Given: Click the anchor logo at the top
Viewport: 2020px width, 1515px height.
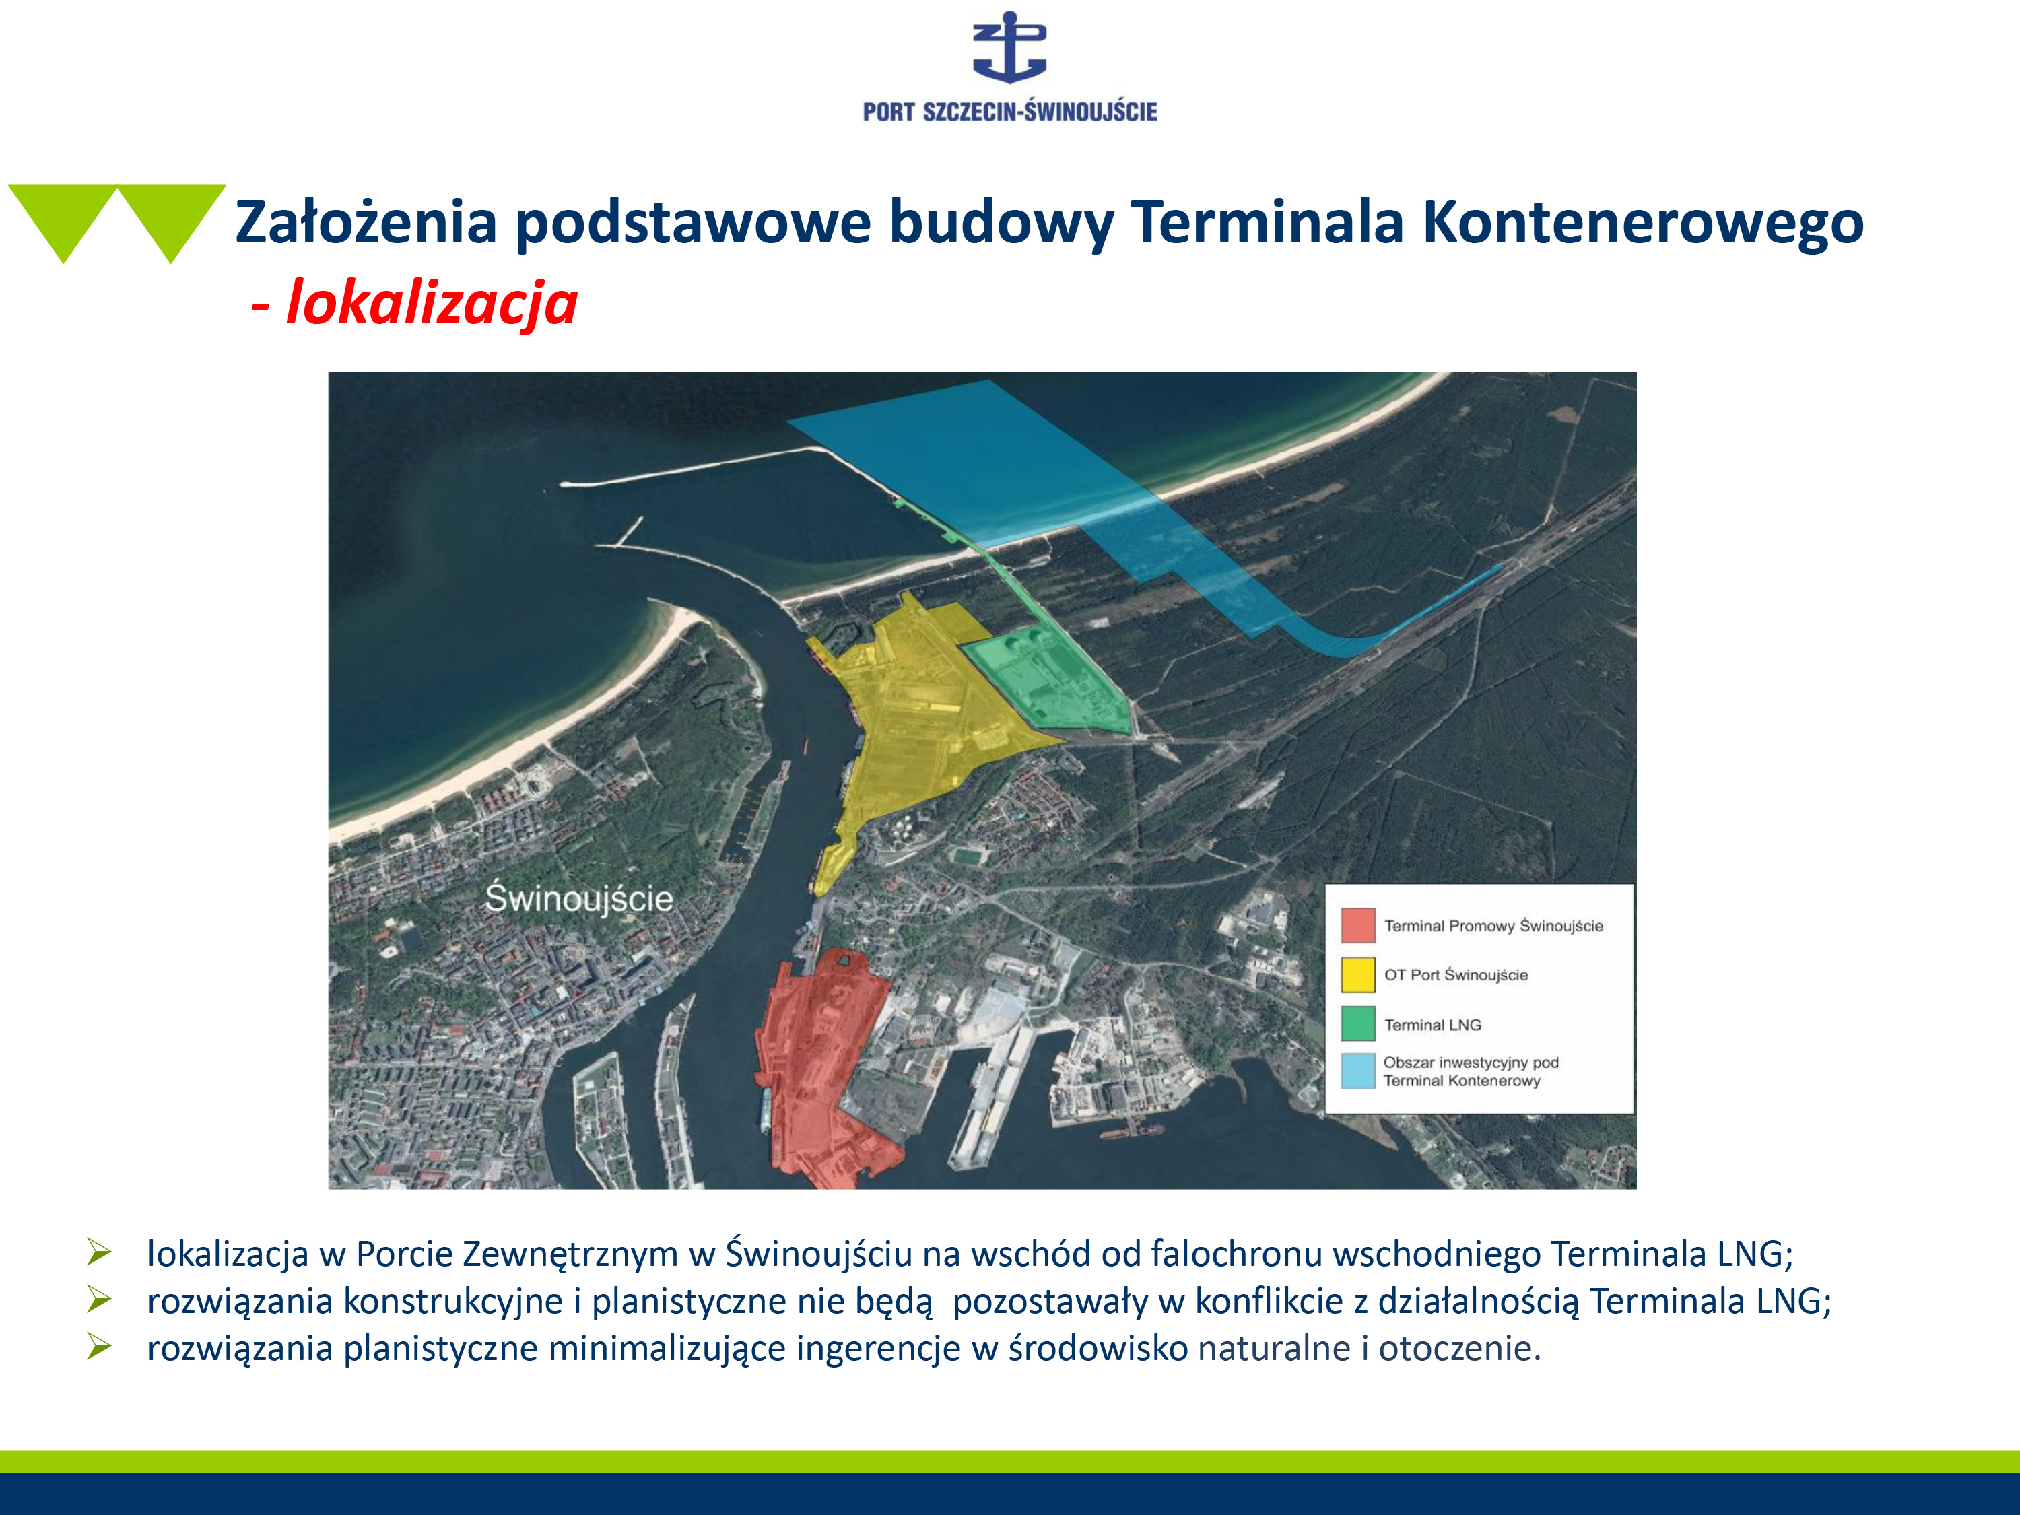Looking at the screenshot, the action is click(1009, 48).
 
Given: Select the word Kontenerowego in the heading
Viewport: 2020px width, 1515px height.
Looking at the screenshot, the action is click(1643, 222).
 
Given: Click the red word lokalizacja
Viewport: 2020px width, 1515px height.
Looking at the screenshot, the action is click(432, 303).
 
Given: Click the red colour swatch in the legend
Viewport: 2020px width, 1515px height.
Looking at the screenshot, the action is click(1358, 925).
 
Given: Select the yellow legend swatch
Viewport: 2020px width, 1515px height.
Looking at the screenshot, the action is click(1358, 974).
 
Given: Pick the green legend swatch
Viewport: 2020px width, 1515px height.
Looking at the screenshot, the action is click(1358, 1023).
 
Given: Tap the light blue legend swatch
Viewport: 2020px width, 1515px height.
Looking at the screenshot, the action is click(1358, 1071).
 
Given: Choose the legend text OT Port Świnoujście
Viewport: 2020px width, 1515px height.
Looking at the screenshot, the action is click(1456, 975).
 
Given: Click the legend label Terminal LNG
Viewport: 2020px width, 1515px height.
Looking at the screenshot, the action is click(1433, 1025).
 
